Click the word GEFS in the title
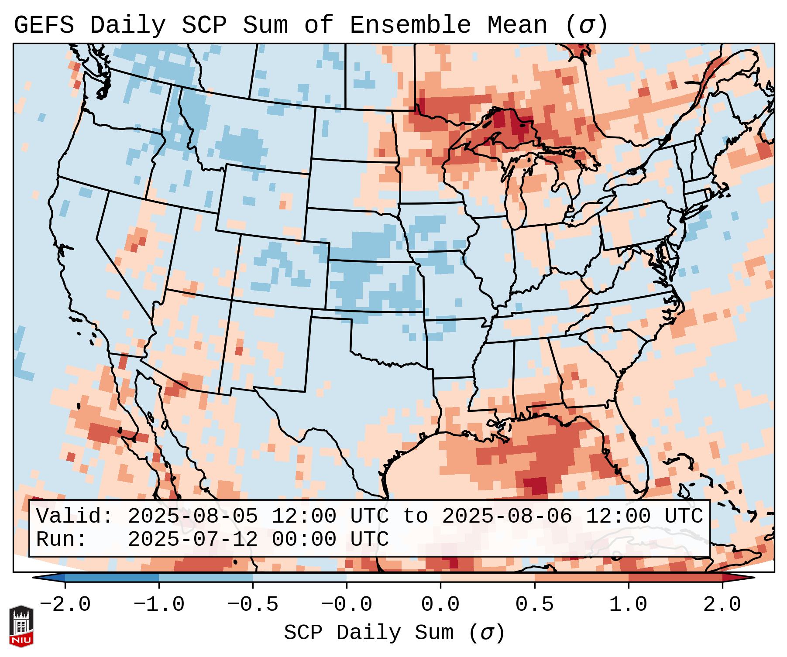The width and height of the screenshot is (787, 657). pyautogui.click(x=44, y=25)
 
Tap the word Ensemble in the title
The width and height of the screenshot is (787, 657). pyautogui.click(x=410, y=25)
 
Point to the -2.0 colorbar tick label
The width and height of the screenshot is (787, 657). pyautogui.click(x=65, y=605)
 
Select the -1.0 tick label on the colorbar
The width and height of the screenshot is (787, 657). pyautogui.click(x=159, y=605)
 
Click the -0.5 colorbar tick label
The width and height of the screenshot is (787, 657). pyautogui.click(x=253, y=605)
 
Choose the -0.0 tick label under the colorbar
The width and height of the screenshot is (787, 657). pyautogui.click(x=347, y=605)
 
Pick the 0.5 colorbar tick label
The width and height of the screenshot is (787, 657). pyautogui.click(x=534, y=605)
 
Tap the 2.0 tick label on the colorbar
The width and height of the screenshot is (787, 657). pyautogui.click(x=722, y=605)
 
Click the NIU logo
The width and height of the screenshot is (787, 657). pyautogui.click(x=21, y=626)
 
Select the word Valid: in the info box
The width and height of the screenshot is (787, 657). pyautogui.click(x=75, y=517)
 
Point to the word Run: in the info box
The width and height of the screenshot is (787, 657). pyautogui.click(x=62, y=539)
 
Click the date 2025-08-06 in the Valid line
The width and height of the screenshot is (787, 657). pyautogui.click(x=507, y=517)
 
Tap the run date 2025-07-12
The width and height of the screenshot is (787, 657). pyautogui.click(x=192, y=539)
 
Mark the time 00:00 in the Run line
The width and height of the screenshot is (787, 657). pyautogui.click(x=304, y=539)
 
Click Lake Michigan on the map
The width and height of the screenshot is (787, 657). pyautogui.click(x=516, y=188)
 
